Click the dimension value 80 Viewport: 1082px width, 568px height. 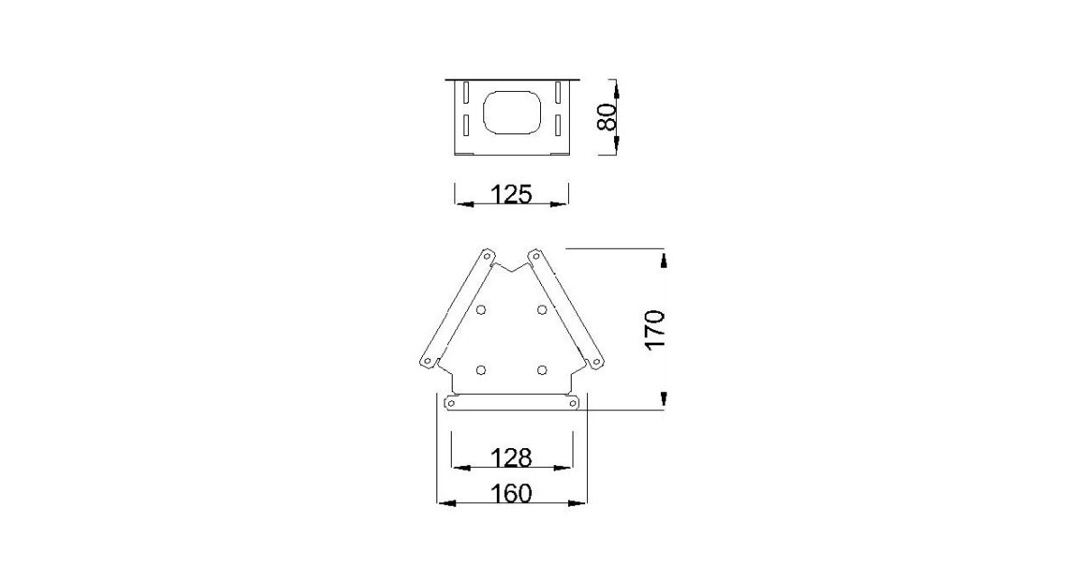click(x=607, y=117)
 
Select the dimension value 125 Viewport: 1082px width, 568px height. click(x=511, y=194)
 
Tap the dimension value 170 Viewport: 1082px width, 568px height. click(x=655, y=330)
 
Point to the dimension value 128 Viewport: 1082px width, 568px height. click(x=511, y=457)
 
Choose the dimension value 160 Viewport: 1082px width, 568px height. click(x=511, y=494)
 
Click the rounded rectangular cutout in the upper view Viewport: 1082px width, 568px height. click(x=511, y=113)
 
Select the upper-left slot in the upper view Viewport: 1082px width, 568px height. click(x=466, y=92)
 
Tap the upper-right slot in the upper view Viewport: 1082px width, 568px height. click(x=558, y=92)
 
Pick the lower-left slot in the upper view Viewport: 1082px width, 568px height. click(x=466, y=125)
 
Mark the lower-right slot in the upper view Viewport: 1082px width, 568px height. click(x=558, y=125)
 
